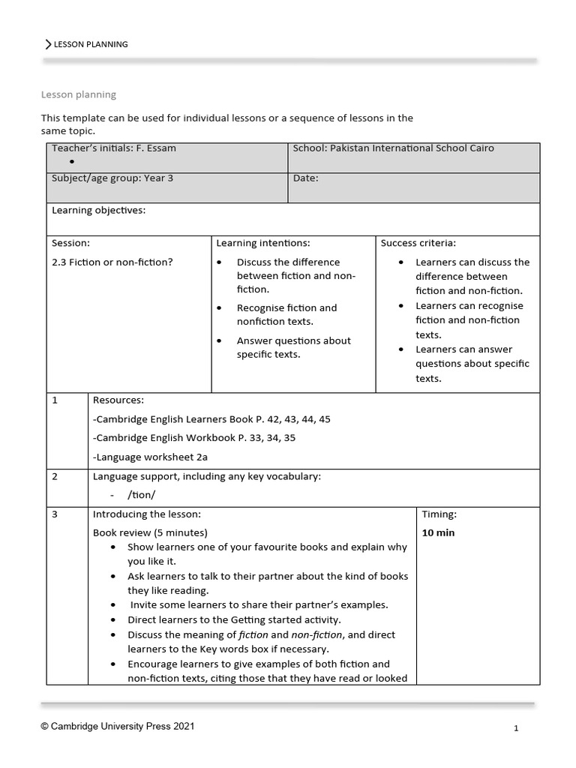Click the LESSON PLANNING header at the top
coord(91,44)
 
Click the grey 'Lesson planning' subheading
coord(78,94)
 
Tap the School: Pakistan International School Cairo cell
coord(393,148)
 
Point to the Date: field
coord(306,178)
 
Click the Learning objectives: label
coord(98,211)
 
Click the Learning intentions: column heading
coord(262,243)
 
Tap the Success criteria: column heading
coord(418,243)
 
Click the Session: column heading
coord(70,243)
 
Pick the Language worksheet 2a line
coord(150,457)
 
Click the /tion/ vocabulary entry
coord(142,495)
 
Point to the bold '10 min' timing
coord(438,533)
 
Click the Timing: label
coord(439,514)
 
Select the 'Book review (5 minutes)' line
coord(150,533)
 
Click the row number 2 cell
coord(55,476)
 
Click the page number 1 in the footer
coord(516,728)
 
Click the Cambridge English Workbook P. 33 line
coord(193,438)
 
